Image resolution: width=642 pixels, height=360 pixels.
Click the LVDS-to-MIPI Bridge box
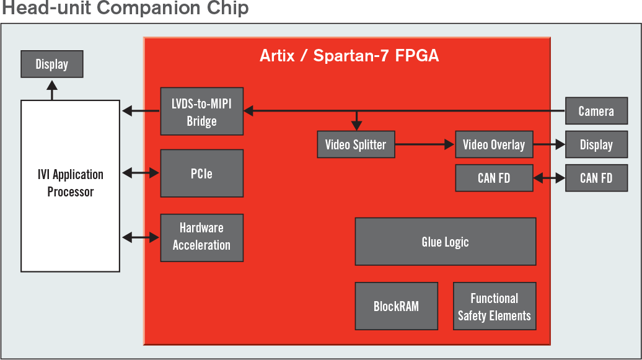[x=202, y=112]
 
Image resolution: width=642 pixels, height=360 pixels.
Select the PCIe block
[x=202, y=173]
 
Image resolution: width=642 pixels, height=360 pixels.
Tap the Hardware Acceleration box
[x=202, y=237]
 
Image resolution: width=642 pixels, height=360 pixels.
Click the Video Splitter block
[x=356, y=144]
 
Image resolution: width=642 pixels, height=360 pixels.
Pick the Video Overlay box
[x=494, y=144]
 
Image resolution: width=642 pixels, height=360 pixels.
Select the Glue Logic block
[x=446, y=242]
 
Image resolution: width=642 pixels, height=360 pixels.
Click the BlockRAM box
[x=397, y=306]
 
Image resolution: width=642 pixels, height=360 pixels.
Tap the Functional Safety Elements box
[x=495, y=306]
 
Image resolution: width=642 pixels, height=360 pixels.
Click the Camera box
[x=597, y=110]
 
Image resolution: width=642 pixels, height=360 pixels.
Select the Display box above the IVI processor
[x=52, y=64]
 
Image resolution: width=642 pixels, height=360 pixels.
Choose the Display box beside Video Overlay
[x=597, y=144]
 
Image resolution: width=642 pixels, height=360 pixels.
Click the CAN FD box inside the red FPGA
[x=494, y=178]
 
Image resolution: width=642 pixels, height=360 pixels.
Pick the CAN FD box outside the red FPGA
[x=597, y=178]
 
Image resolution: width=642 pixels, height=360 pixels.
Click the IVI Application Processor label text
[x=71, y=183]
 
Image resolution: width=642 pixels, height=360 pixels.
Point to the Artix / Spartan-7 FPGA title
[x=350, y=56]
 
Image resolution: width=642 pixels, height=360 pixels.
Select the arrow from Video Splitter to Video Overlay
[x=425, y=144]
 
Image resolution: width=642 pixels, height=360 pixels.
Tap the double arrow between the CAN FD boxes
[x=549, y=178]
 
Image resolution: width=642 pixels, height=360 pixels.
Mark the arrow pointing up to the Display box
[x=52, y=90]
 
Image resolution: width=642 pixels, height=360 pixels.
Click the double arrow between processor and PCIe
[x=141, y=173]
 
